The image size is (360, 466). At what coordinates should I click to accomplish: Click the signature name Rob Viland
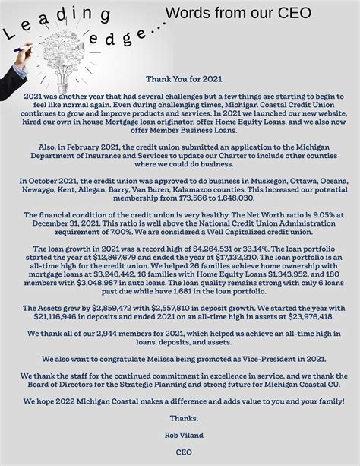tap(180, 434)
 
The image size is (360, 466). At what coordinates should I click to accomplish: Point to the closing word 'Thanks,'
tap(180, 418)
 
